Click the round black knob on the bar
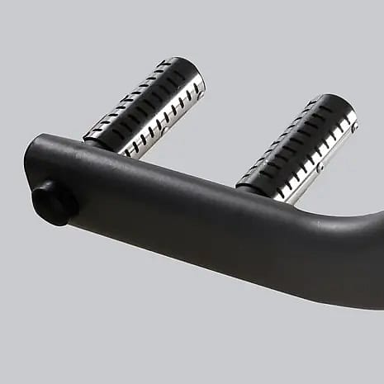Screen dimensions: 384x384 click(x=52, y=201)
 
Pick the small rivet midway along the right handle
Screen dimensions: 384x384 click(x=320, y=168)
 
